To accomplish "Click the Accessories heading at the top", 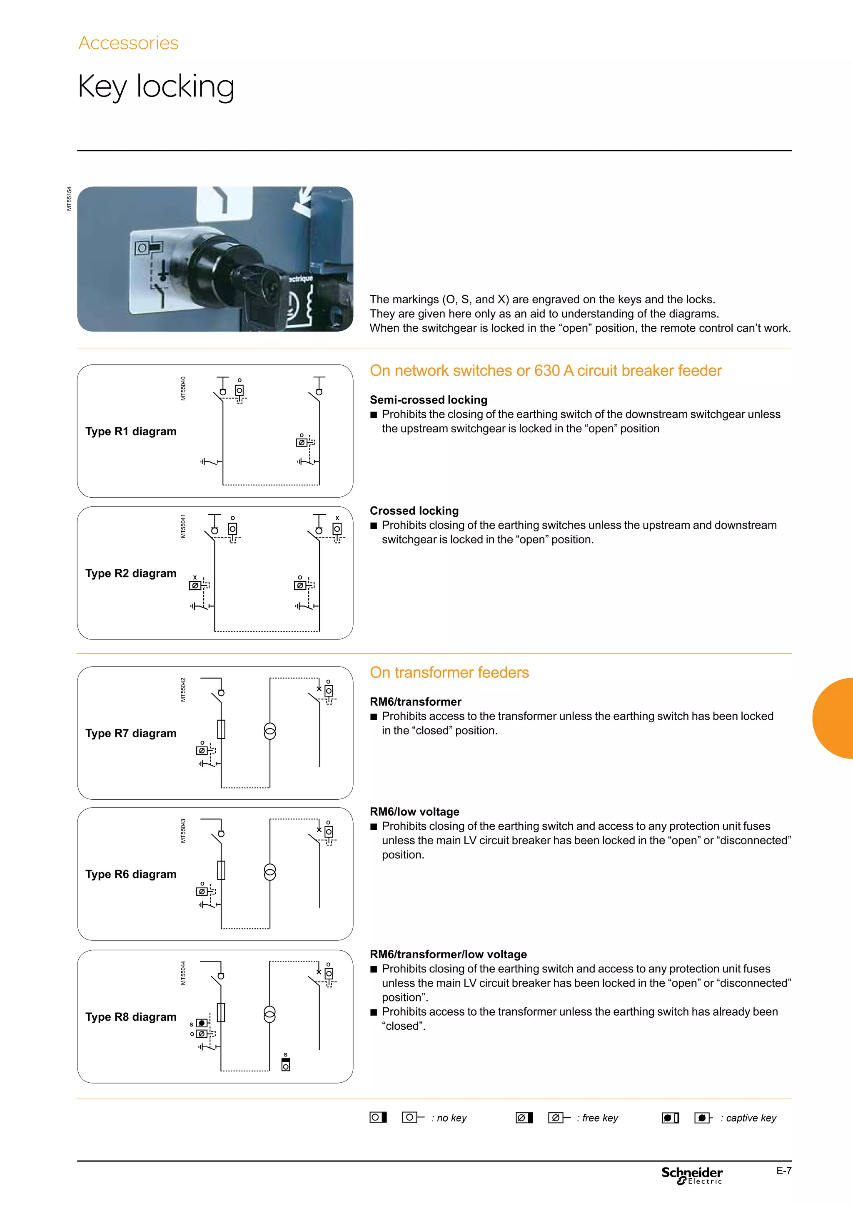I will (128, 43).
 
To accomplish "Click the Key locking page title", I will (156, 87).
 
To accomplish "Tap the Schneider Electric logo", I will (692, 1175).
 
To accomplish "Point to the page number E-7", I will (784, 1170).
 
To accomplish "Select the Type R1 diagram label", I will (131, 431).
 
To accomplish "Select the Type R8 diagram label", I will (131, 1017).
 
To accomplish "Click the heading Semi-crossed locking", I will (428, 400).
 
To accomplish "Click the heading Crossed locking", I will (414, 511).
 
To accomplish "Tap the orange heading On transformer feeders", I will (449, 672).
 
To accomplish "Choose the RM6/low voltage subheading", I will (414, 811).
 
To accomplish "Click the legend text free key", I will (600, 1118).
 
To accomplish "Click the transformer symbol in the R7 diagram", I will (269, 731).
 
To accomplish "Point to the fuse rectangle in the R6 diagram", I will (221, 870).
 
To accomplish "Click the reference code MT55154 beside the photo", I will (69, 199).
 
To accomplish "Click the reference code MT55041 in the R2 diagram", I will (183, 526).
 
